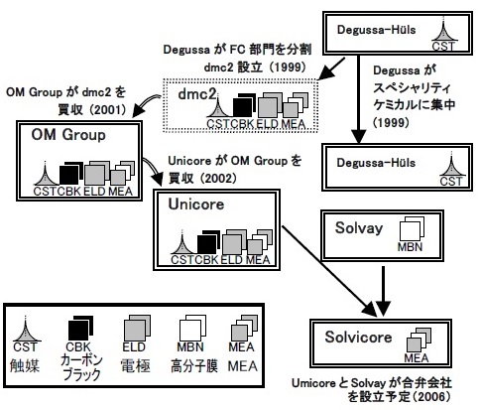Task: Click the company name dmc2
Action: click(197, 94)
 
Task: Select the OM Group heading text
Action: click(68, 135)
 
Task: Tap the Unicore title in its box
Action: click(196, 204)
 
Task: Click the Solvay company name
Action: click(359, 228)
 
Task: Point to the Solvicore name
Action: click(358, 337)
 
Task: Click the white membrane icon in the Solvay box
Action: click(412, 229)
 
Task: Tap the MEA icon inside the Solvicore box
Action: click(419, 340)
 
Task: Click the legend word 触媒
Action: click(25, 365)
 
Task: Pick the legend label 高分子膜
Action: click(194, 366)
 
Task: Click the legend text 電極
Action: click(136, 366)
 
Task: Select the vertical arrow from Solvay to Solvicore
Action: click(383, 291)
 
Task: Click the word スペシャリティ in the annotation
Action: click(412, 87)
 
